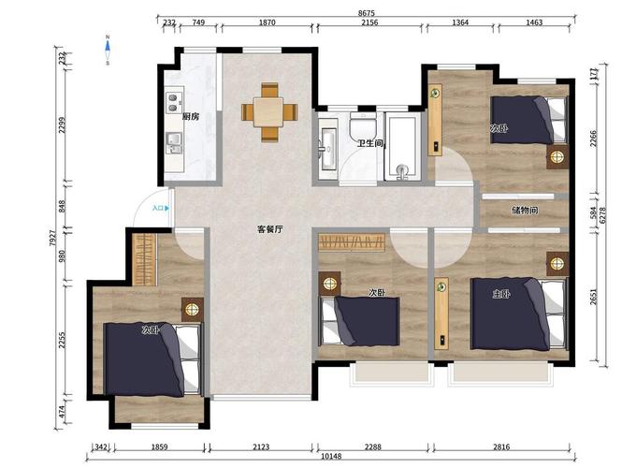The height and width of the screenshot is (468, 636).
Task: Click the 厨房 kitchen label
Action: click(x=191, y=117)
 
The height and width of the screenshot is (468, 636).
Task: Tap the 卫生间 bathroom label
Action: click(x=370, y=143)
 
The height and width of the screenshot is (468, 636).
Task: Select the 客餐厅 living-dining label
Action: click(x=270, y=229)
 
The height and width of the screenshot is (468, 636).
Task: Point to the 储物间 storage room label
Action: click(x=525, y=211)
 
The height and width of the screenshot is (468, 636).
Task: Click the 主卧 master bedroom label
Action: click(x=501, y=294)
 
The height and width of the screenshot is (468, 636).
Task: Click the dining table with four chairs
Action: click(x=269, y=112)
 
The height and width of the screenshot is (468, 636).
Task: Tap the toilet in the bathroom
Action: click(x=363, y=124)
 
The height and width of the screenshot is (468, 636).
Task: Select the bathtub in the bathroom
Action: click(x=402, y=146)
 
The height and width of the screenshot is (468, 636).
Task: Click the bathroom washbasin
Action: click(x=327, y=149)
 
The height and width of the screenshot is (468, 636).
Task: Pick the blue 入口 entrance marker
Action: click(x=161, y=208)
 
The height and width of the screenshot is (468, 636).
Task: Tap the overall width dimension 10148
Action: click(x=331, y=456)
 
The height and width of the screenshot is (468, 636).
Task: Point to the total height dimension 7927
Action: click(x=52, y=239)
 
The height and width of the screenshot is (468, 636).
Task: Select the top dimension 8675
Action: click(x=367, y=13)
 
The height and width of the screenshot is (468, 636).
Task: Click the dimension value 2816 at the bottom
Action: click(x=501, y=446)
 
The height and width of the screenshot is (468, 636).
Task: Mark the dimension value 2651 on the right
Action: click(x=593, y=297)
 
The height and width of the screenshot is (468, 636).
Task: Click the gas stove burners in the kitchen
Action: click(x=173, y=103)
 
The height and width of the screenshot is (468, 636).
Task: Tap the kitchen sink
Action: click(x=174, y=143)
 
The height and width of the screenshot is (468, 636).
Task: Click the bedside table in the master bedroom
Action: click(x=557, y=264)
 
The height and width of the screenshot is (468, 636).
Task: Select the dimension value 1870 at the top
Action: click(x=267, y=22)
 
